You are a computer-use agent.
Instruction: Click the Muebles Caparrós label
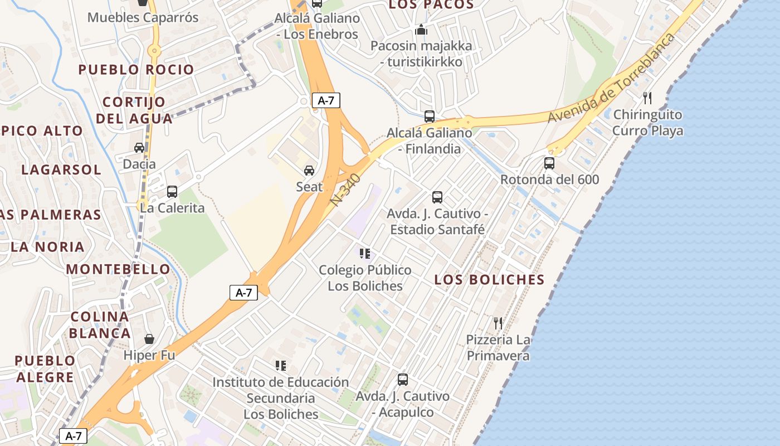pyautogui.click(x=143, y=17)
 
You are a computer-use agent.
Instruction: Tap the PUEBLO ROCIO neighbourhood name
pyautogui.click(x=136, y=70)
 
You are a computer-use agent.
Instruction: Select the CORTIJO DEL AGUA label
pyautogui.click(x=134, y=110)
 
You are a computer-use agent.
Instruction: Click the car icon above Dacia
pyautogui.click(x=139, y=148)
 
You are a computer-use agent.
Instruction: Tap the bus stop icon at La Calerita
pyautogui.click(x=172, y=192)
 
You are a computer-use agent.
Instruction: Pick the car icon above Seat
pyautogui.click(x=309, y=170)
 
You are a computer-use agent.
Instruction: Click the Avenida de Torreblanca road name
pyautogui.click(x=611, y=78)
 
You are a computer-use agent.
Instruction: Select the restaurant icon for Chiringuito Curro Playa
pyautogui.click(x=647, y=98)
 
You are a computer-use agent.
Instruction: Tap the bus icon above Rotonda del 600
pyautogui.click(x=549, y=163)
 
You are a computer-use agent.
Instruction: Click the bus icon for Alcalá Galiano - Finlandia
pyautogui.click(x=430, y=117)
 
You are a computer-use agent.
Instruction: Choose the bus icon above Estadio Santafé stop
pyautogui.click(x=437, y=197)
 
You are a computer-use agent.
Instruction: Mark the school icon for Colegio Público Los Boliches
pyautogui.click(x=365, y=254)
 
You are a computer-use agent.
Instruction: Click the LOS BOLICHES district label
pyautogui.click(x=489, y=280)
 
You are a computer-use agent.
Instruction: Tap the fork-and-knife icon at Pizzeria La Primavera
pyautogui.click(x=498, y=323)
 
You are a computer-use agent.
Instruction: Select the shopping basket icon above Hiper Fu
pyautogui.click(x=149, y=339)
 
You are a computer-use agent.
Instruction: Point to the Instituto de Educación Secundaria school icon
pyautogui.click(x=281, y=366)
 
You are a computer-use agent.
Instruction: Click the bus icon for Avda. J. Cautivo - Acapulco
pyautogui.click(x=403, y=380)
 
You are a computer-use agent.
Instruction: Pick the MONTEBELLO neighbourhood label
pyautogui.click(x=118, y=269)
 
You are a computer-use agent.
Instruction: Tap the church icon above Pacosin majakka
pyautogui.click(x=421, y=29)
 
